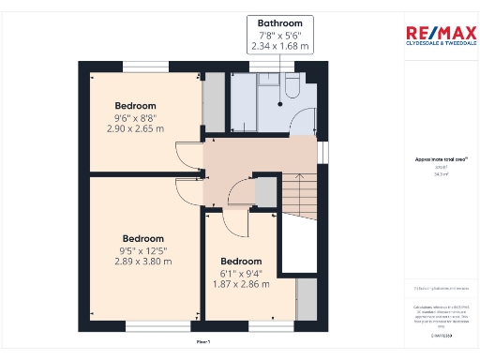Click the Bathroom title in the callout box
[x=281, y=22]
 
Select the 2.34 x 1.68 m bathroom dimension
[x=281, y=45]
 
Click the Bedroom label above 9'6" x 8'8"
[x=135, y=106]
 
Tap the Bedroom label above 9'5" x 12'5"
[x=142, y=239]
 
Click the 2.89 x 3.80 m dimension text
[x=142, y=262]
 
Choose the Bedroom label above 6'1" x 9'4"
[x=241, y=261]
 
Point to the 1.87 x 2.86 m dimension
[x=241, y=282]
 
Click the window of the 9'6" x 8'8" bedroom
[x=145, y=64]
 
